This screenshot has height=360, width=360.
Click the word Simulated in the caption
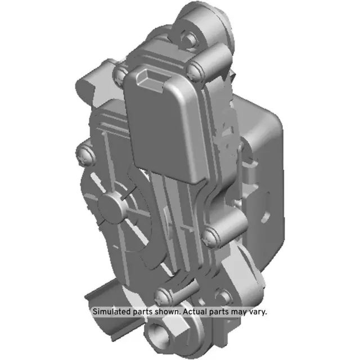(x=111, y=311)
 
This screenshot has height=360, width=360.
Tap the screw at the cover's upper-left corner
(x=120, y=73)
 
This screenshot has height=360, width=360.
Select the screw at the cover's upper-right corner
(x=195, y=70)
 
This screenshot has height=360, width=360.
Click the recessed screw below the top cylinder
(x=190, y=38)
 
